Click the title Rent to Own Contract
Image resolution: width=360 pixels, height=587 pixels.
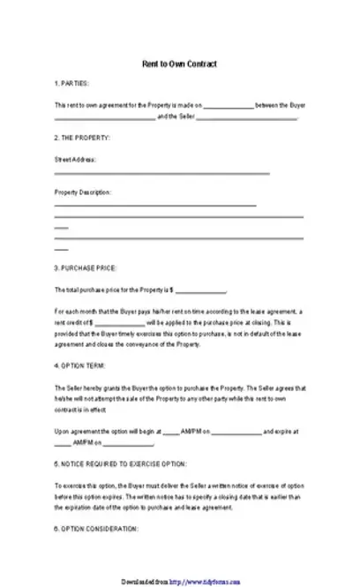click(179, 65)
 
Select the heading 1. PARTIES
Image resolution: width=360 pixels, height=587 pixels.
click(71, 84)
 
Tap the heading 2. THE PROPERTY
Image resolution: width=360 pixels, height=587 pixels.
click(82, 139)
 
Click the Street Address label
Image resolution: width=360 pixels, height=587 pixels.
click(75, 160)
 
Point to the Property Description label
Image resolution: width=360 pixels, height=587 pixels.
click(83, 192)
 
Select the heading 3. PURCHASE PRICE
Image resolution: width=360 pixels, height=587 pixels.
click(86, 267)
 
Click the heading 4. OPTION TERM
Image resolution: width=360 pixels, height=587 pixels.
click(81, 365)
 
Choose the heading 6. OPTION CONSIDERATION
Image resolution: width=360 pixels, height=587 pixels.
click(96, 528)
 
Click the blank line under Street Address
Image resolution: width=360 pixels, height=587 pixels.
click(161, 174)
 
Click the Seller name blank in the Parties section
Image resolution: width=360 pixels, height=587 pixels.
click(249, 117)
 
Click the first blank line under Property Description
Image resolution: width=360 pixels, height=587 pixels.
click(155, 206)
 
